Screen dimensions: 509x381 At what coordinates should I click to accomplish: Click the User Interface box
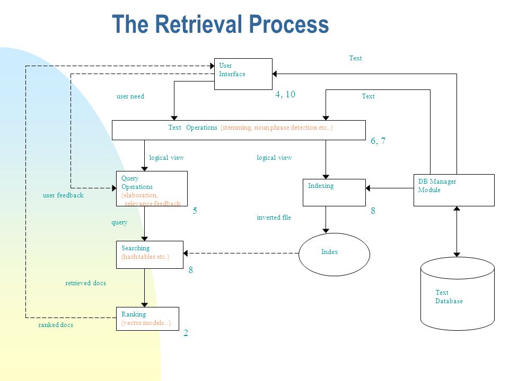pos(243,74)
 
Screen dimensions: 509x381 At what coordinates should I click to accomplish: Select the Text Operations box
pos(239,130)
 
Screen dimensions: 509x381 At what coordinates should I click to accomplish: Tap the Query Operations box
pos(152,188)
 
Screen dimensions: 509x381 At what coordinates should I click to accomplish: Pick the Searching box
pos(150,255)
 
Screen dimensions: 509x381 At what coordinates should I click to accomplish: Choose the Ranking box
pos(147,319)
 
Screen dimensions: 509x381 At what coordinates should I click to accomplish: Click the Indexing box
pos(334,193)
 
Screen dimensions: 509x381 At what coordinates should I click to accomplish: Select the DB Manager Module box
pos(454,190)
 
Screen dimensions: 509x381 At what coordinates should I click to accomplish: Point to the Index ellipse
pos(334,255)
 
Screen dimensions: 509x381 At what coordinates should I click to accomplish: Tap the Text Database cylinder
pos(458,294)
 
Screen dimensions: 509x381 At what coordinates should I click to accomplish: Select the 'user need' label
pos(130,96)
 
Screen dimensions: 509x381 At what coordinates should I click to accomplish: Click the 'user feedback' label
pos(63,195)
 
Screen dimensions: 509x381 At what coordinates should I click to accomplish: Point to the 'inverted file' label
pos(274,217)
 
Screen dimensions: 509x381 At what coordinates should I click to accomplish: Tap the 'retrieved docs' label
pos(85,283)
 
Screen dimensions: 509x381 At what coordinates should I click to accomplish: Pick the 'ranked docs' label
pos(56,325)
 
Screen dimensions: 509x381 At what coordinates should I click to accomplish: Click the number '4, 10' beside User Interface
pos(285,94)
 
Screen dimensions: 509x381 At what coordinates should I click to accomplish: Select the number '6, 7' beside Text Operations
pos(378,141)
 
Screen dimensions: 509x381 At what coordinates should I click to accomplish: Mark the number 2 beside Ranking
pos(186,333)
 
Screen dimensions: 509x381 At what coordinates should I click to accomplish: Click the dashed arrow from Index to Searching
pos(241,253)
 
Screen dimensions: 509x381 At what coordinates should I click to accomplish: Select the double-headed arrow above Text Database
pos(457,232)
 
